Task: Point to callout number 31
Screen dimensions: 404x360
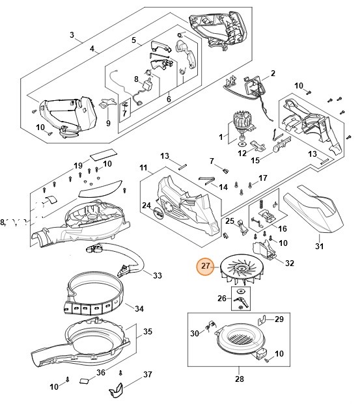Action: click(x=318, y=246)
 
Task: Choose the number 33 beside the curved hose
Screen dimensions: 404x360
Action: click(x=157, y=275)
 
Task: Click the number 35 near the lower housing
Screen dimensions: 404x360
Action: click(x=148, y=332)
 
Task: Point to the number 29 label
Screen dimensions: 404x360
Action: click(x=279, y=319)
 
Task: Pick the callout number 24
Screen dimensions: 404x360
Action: click(x=146, y=205)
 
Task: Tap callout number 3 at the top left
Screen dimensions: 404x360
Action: click(x=72, y=34)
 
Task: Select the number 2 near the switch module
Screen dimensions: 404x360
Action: click(x=272, y=73)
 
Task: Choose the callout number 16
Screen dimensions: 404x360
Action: click(x=282, y=228)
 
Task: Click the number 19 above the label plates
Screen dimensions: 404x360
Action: click(x=78, y=165)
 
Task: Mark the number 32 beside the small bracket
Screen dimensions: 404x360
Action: click(x=289, y=263)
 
